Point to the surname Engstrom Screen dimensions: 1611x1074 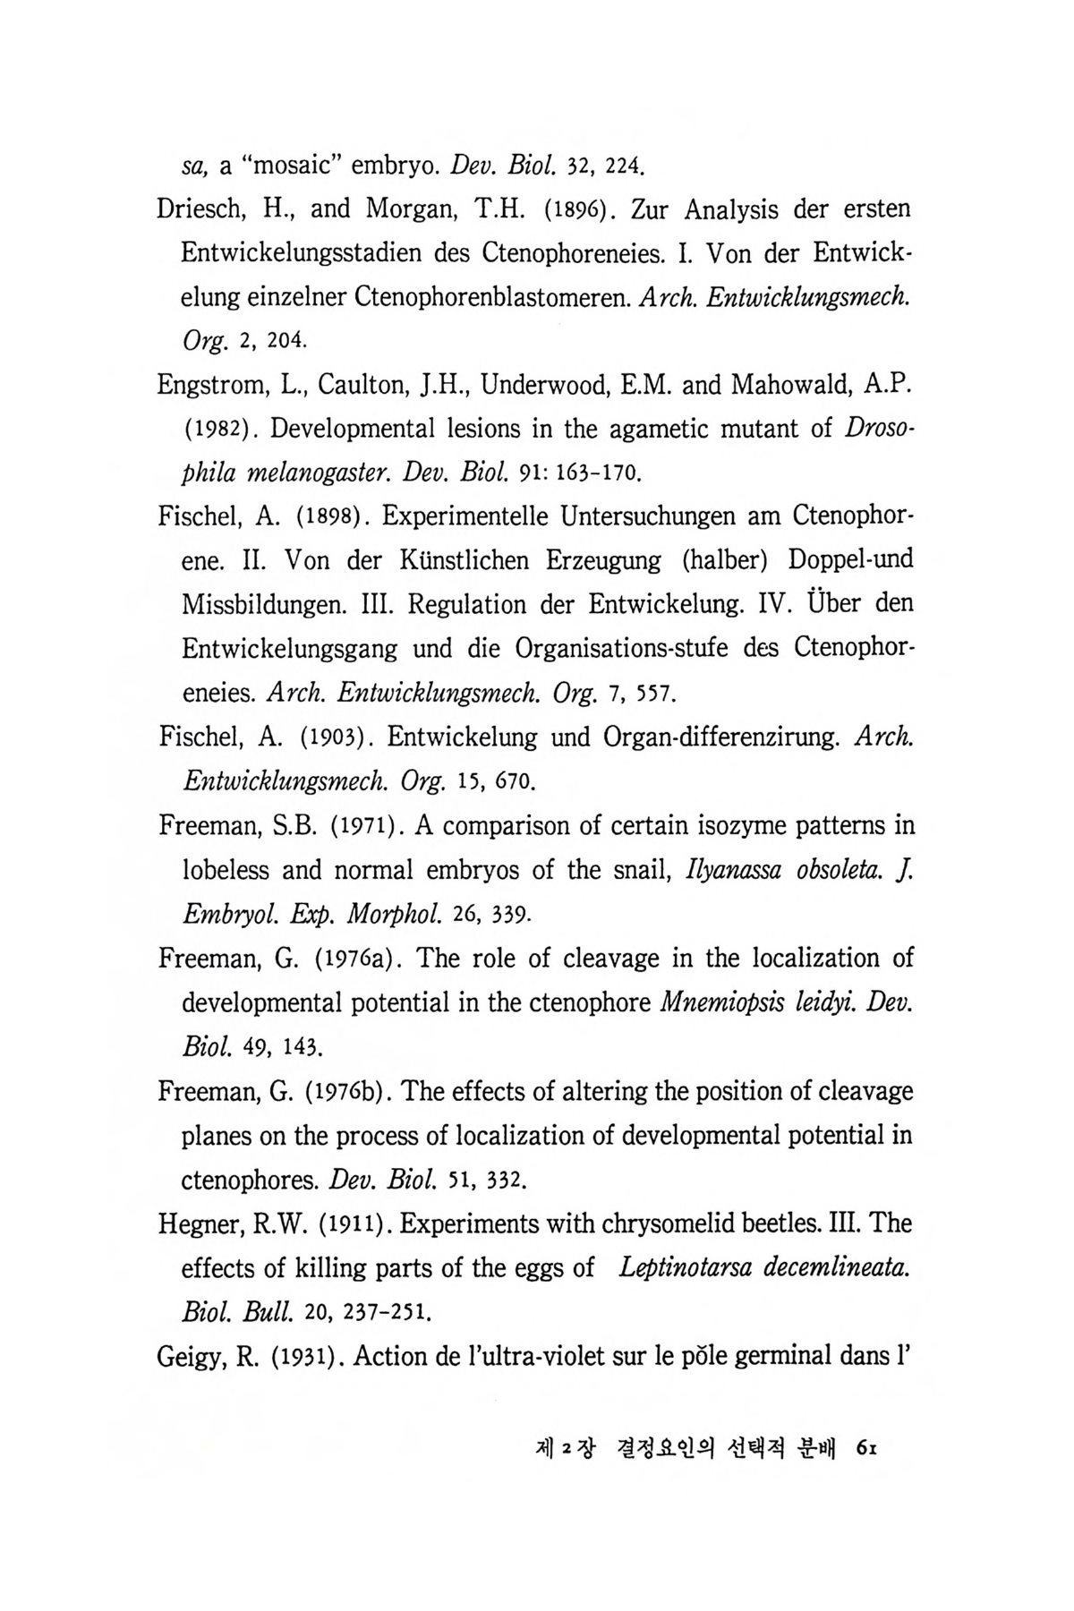click(x=214, y=385)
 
